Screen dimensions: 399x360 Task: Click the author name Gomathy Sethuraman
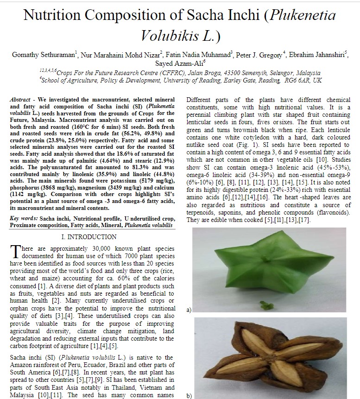(x=43, y=55)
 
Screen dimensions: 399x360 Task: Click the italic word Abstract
(x=20, y=100)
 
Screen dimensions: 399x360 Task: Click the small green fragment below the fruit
(x=267, y=305)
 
